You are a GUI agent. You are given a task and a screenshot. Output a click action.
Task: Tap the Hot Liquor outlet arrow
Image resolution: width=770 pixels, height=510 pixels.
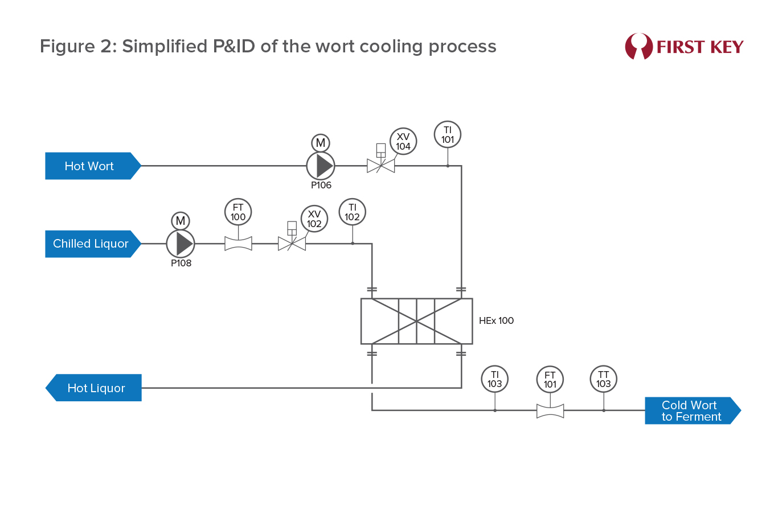(94, 388)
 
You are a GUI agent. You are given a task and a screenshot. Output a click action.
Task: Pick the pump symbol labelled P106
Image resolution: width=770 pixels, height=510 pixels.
(321, 166)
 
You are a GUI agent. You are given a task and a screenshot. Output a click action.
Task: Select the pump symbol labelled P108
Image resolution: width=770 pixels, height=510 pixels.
(181, 244)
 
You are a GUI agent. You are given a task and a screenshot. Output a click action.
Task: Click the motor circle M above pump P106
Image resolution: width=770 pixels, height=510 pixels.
(321, 142)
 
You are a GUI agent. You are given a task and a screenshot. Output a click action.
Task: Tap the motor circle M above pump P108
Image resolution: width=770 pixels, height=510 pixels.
(181, 220)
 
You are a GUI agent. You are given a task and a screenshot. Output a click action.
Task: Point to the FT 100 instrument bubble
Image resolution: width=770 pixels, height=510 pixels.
(238, 212)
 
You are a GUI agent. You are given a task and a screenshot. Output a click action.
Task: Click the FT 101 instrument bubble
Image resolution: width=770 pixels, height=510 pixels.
(550, 380)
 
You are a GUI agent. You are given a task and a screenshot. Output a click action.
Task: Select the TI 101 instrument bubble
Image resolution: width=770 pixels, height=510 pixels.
(448, 135)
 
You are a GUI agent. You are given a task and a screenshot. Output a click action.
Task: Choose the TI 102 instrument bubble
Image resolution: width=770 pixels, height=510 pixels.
(353, 212)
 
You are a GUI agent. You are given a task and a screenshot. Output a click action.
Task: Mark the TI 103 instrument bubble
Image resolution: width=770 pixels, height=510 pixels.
(495, 379)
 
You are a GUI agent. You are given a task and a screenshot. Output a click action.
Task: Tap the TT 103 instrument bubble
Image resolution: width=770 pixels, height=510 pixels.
(604, 379)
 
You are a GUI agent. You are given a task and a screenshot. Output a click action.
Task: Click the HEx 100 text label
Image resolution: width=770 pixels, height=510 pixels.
(496, 321)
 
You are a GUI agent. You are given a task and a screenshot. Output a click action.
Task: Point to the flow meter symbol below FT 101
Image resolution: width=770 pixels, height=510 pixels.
(550, 410)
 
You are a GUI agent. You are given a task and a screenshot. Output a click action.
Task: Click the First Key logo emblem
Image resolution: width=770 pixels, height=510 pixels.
(638, 46)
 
